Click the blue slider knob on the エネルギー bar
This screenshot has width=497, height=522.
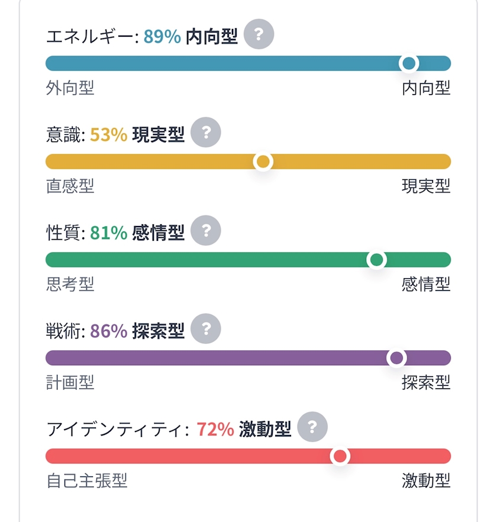409,63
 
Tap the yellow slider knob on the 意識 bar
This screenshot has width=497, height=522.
263,162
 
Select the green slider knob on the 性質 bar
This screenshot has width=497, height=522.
376,260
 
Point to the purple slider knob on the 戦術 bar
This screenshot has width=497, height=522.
396,358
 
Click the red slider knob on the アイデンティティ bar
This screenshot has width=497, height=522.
340,456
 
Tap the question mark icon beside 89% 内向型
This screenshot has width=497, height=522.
259,34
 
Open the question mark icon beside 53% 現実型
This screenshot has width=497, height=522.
206,132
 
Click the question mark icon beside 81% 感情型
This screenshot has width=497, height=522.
206,230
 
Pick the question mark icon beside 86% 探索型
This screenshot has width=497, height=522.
206,328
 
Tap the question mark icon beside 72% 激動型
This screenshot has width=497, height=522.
312,427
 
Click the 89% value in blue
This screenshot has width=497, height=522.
162,36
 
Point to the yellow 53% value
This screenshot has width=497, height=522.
108,134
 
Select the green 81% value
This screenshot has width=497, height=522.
108,233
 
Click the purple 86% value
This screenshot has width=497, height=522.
108,331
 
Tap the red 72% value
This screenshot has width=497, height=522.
215,429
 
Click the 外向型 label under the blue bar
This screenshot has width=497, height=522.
70,88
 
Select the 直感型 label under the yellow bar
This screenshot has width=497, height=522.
70,186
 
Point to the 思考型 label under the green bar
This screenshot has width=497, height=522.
70,284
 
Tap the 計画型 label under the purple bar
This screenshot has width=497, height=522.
70,382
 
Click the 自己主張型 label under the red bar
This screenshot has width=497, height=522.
86,481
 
